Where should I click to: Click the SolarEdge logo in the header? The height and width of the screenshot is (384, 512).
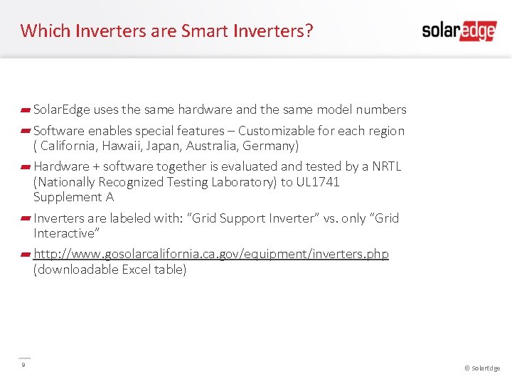point(458,31)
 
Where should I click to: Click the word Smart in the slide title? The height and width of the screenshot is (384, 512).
point(205,31)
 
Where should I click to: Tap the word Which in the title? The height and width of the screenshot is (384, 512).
point(44,31)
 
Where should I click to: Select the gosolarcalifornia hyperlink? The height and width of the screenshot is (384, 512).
point(211,254)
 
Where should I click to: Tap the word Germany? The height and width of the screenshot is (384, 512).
point(270,146)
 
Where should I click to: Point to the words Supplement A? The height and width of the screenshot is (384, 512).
point(73,197)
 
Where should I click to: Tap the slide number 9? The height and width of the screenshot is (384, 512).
point(23,365)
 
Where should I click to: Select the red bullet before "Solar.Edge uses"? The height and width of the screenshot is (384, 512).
point(25,110)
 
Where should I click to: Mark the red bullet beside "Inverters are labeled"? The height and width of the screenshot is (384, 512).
point(25,218)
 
